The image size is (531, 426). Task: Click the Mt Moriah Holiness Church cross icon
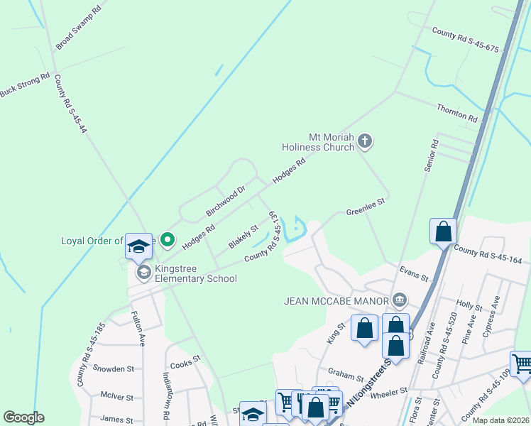[365, 141]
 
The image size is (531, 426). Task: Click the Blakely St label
[243, 237]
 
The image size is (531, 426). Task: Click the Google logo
[23, 417]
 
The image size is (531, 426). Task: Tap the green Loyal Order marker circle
[167, 240]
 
